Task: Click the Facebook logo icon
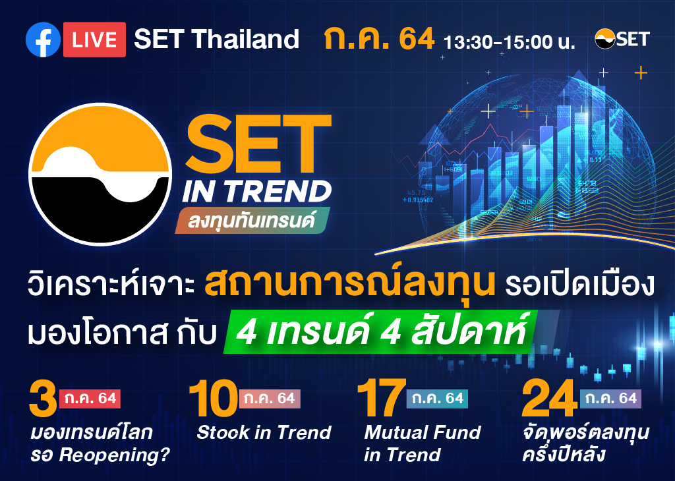click(43, 40)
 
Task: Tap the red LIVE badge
click(95, 40)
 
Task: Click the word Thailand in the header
click(245, 39)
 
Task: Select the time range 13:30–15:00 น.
click(510, 42)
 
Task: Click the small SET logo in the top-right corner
click(622, 39)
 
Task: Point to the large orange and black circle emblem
click(100, 174)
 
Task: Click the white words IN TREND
click(257, 191)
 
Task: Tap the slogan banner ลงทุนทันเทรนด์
click(252, 220)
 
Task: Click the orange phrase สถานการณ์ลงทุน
click(349, 283)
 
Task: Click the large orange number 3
click(43, 399)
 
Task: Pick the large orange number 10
click(213, 399)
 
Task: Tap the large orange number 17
click(382, 399)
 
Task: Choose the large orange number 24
click(549, 399)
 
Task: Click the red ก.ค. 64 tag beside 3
click(90, 399)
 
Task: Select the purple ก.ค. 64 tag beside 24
click(610, 399)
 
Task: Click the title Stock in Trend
click(264, 432)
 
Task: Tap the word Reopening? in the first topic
click(115, 455)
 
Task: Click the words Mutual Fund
click(423, 432)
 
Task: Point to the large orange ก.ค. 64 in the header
click(379, 39)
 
